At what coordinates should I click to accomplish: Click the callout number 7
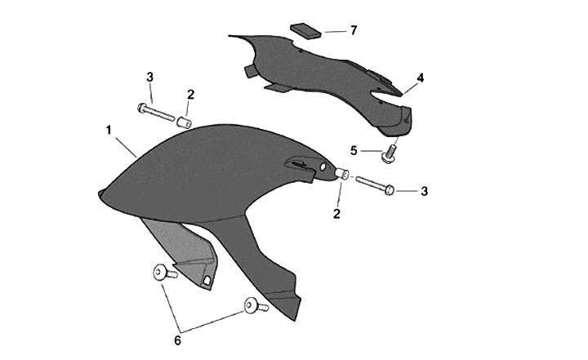click(x=354, y=30)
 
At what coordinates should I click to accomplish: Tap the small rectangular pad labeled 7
click(x=306, y=31)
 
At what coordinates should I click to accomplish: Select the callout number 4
click(x=421, y=78)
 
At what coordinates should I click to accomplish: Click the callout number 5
click(x=354, y=151)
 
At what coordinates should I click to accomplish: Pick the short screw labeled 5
click(x=389, y=153)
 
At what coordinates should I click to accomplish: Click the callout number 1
click(x=109, y=131)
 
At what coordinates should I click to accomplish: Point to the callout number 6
click(x=177, y=341)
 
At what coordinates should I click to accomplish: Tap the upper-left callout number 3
click(x=149, y=78)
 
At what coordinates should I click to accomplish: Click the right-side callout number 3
click(x=424, y=191)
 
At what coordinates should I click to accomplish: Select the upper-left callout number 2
click(x=190, y=95)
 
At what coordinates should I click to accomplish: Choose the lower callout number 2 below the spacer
click(x=336, y=214)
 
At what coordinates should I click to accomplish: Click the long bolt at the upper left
click(x=156, y=112)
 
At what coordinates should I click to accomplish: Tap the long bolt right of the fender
click(x=375, y=185)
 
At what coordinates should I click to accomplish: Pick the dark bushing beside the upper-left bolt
click(x=184, y=122)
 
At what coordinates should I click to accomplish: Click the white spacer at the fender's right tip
click(x=341, y=174)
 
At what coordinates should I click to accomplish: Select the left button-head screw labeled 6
click(x=165, y=273)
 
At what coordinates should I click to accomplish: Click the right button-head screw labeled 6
click(x=256, y=306)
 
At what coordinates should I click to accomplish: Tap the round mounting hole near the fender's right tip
click(x=323, y=167)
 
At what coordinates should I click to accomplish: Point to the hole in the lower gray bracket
click(x=207, y=280)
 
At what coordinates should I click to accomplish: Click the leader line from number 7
click(x=336, y=32)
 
